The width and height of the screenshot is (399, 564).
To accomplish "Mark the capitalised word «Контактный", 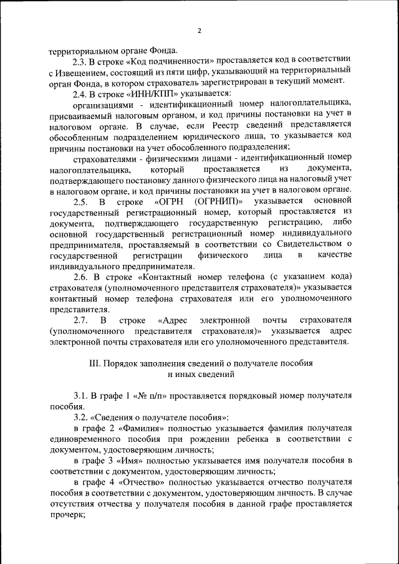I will pyautogui.click(x=167, y=277).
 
